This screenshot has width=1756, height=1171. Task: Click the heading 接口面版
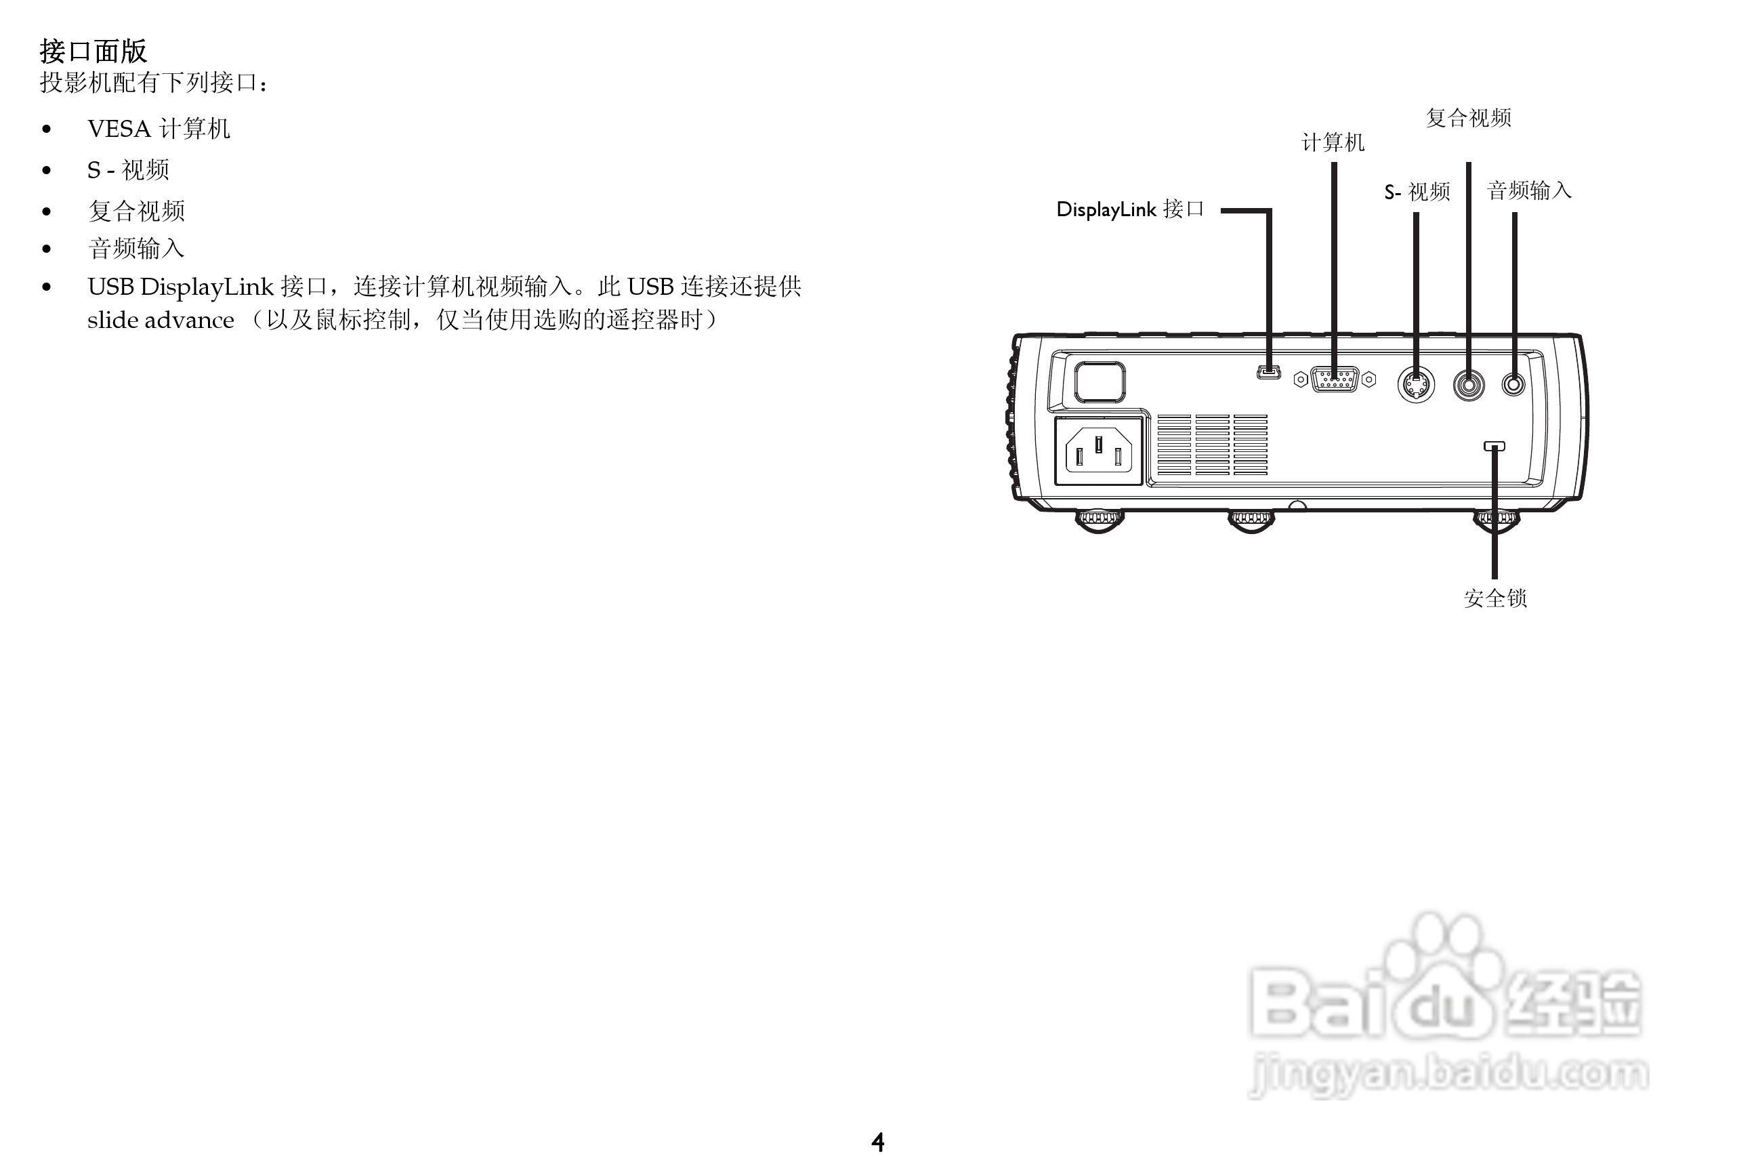93,51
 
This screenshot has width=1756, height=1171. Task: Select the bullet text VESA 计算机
159,129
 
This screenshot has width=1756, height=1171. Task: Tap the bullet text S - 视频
127,170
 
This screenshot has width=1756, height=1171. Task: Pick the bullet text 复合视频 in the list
136,211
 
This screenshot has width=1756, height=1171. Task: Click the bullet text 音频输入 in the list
136,249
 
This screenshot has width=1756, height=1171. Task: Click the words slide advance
161,321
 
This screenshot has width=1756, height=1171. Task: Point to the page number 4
878,1142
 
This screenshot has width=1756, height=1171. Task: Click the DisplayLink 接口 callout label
1129,210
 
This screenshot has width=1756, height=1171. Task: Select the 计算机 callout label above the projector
1333,142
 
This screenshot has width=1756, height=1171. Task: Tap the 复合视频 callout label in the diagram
1469,118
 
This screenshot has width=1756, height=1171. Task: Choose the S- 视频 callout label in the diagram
1417,192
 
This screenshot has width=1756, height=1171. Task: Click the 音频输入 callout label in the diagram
1529,191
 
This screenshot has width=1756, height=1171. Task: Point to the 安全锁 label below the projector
1494,598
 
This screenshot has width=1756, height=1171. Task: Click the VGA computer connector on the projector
1334,380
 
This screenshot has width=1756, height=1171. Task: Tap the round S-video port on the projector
1415,386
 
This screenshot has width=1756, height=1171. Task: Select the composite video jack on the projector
1469,386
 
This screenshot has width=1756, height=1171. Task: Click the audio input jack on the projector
1513,385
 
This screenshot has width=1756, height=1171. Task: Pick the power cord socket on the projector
1098,451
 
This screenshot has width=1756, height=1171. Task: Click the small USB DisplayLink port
1268,372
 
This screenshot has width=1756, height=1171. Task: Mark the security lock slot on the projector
1494,446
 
